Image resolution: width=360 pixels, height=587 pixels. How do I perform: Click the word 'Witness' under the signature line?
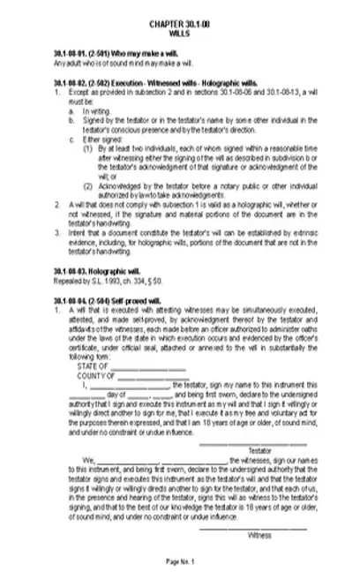[x=259, y=536]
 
